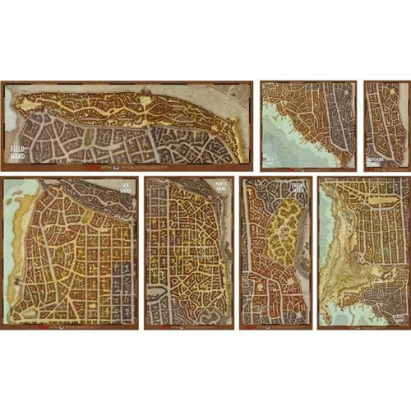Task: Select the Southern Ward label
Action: click(x=376, y=159)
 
